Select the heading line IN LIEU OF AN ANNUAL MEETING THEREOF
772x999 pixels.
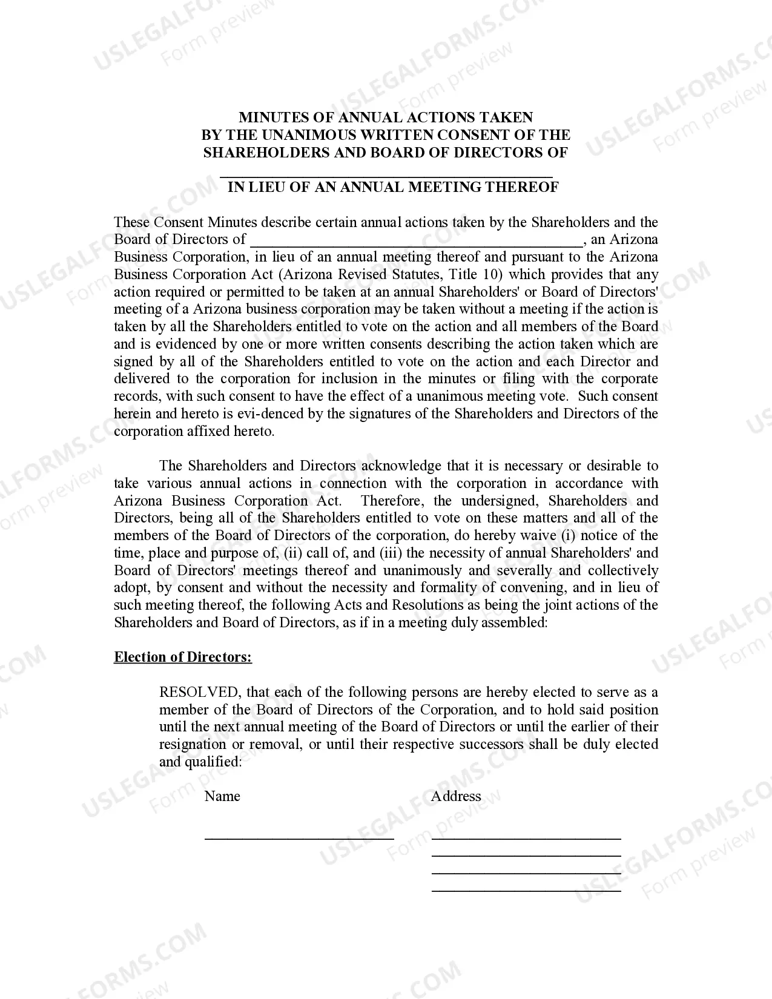tap(393, 187)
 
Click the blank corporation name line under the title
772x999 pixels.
tap(386, 174)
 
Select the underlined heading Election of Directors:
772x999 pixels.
tap(183, 658)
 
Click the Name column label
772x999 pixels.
tap(222, 796)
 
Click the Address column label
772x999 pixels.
tap(456, 796)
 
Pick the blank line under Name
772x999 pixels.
tap(299, 837)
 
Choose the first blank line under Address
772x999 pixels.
tap(526, 837)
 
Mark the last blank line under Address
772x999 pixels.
tap(526, 890)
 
